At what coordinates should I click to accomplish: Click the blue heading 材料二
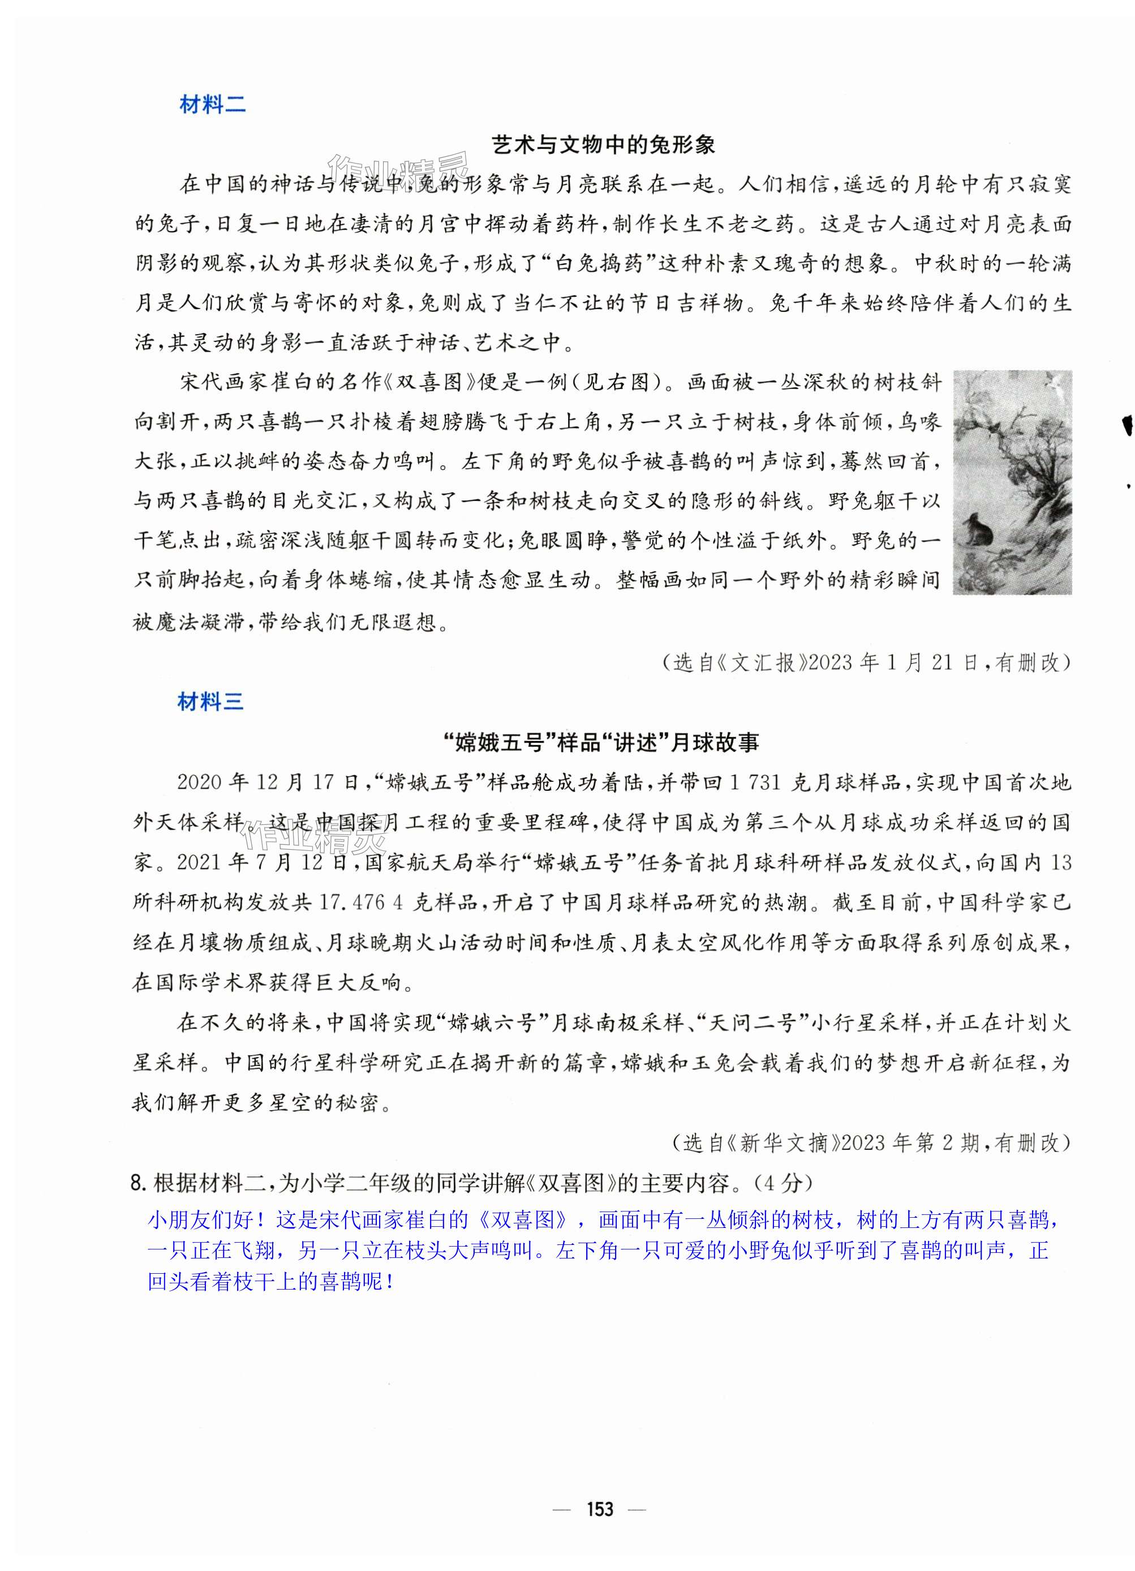click(x=212, y=105)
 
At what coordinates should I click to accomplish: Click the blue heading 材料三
click(x=210, y=703)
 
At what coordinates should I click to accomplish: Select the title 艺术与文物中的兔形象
click(x=603, y=145)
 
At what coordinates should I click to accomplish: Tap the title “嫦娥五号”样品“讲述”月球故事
click(x=601, y=743)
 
